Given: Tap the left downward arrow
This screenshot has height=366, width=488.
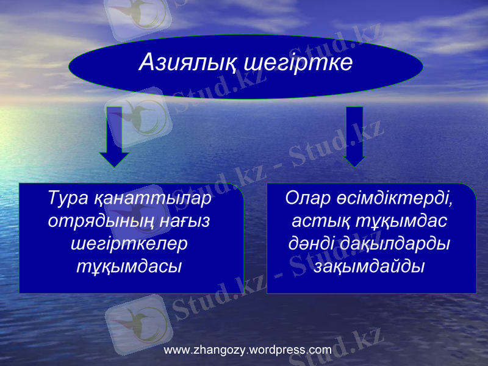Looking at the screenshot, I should tap(114, 136).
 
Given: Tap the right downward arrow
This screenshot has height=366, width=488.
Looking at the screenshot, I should tap(354, 136).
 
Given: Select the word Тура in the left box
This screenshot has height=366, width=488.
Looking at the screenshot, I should tap(68, 199).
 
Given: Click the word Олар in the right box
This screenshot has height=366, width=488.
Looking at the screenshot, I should tap(309, 199).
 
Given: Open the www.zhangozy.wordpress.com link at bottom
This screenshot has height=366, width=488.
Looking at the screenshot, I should tap(248, 350).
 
